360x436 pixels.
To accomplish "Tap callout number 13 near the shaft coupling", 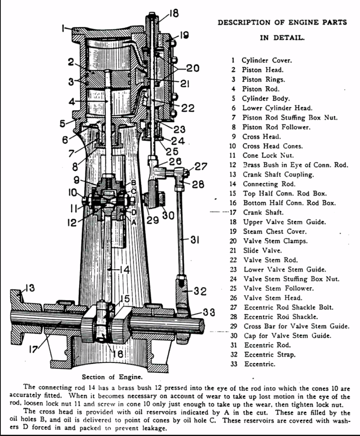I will [x=29, y=289].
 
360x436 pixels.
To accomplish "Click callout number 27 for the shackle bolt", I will [x=200, y=167].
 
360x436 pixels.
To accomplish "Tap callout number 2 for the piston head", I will [x=71, y=62].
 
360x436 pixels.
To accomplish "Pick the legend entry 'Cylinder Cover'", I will [x=267, y=60].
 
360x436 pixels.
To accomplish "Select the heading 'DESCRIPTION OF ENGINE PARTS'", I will [x=282, y=22].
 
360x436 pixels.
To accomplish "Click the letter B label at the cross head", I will [x=133, y=182].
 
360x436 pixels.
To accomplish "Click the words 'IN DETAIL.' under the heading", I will [x=282, y=38].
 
